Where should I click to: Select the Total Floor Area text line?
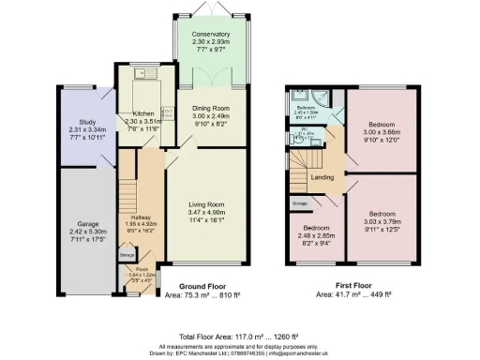(239, 336)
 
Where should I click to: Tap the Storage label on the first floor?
(299, 202)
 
